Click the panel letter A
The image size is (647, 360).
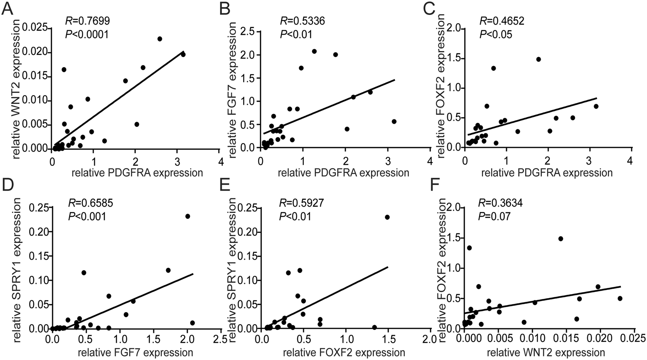click(8, 9)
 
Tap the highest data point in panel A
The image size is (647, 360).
click(160, 39)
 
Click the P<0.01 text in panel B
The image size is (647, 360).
click(296, 34)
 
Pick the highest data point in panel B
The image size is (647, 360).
click(314, 51)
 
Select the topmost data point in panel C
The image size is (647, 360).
click(538, 59)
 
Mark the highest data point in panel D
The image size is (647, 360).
click(187, 216)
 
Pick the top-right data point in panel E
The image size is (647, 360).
click(387, 217)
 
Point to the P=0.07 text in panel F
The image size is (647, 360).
click(494, 216)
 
